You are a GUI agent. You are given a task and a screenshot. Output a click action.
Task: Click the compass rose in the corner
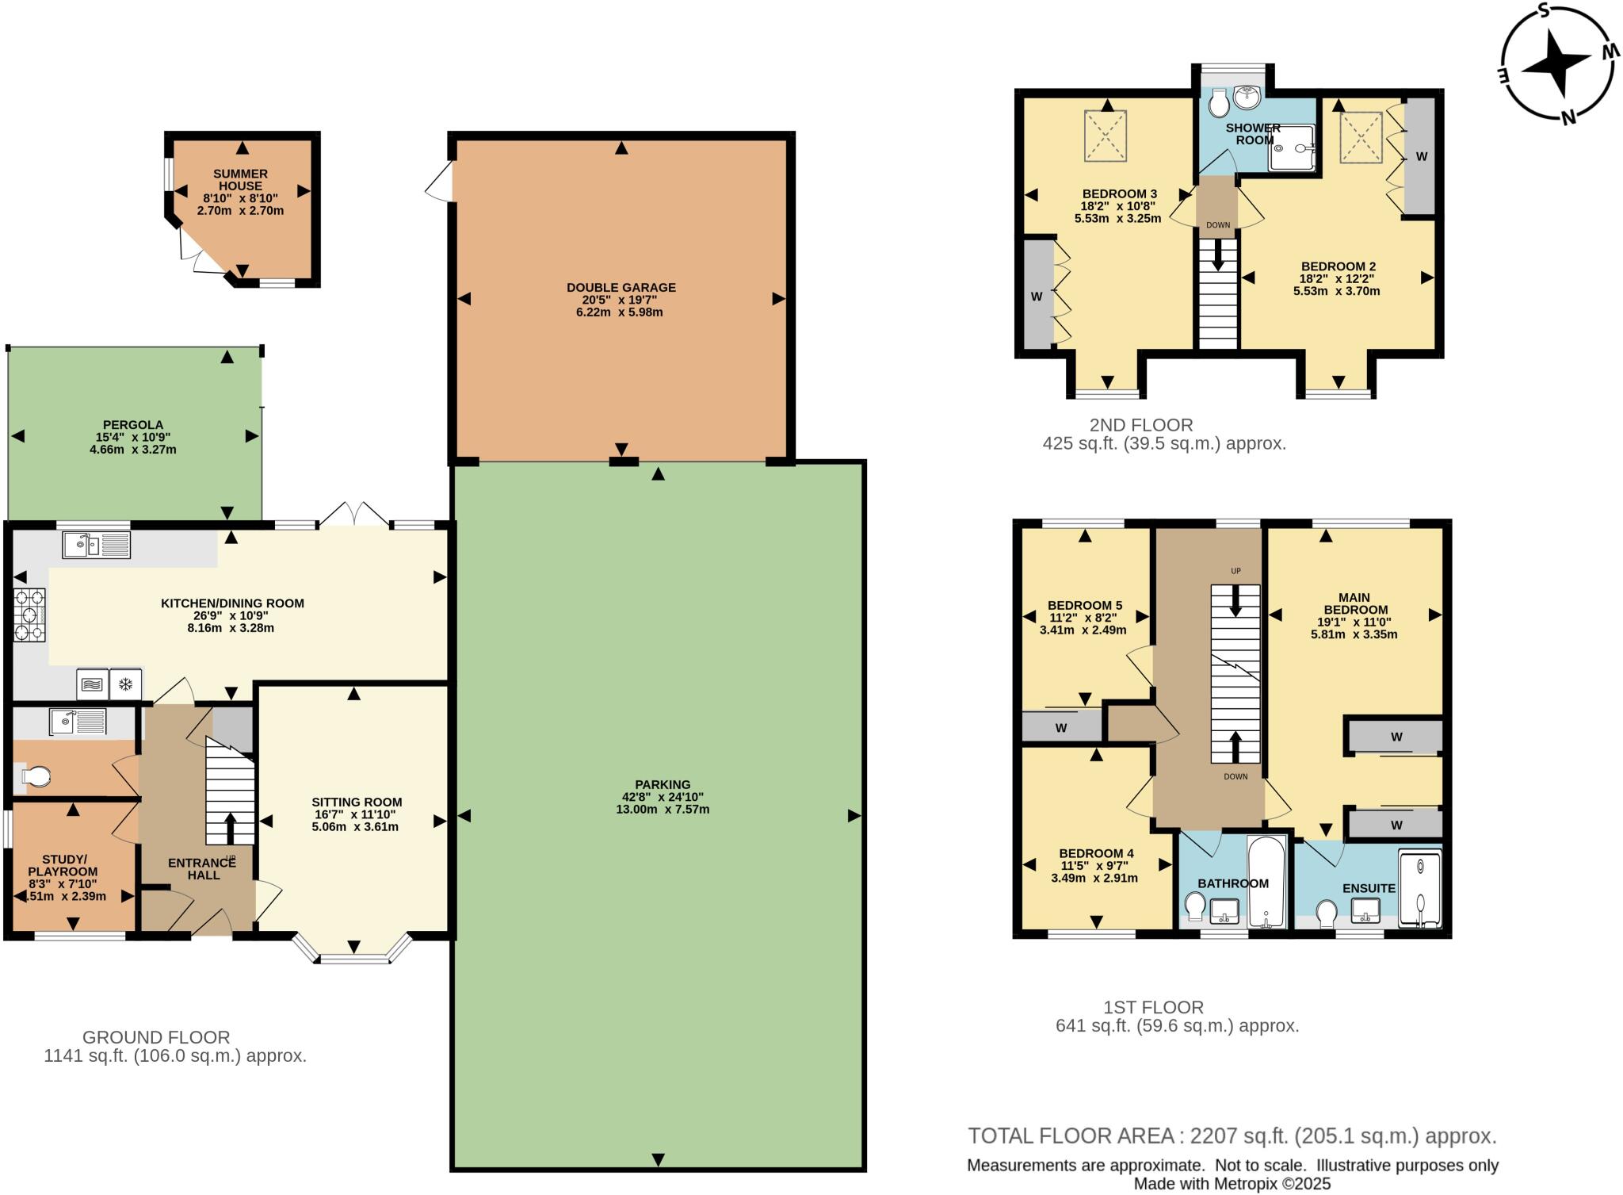coord(1558,63)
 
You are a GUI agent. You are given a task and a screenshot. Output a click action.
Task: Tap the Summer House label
coord(240,180)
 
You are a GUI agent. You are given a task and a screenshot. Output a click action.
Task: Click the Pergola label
coord(133,425)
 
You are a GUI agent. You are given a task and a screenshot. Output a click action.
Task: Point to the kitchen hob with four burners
coord(29,615)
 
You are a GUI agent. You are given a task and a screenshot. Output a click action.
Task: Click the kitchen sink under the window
coord(96,545)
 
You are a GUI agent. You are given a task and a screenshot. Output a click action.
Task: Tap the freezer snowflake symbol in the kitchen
coord(125,684)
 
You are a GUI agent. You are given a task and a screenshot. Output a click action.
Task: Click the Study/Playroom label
coord(64,865)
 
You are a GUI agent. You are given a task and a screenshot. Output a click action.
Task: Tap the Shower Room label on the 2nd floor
coord(1253,133)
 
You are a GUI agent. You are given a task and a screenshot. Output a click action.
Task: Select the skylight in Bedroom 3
coord(1105,136)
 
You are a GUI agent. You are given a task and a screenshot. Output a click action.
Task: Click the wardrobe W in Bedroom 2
coord(1421,156)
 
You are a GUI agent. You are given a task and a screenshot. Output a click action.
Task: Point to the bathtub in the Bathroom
coord(1266,882)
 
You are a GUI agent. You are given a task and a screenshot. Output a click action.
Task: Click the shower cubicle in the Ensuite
coord(1419,888)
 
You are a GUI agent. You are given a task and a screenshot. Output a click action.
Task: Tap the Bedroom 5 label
coord(1084,605)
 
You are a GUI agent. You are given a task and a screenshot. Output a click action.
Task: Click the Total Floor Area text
coord(1232,1136)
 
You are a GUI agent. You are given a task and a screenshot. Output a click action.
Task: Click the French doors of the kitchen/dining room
coord(354,515)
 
